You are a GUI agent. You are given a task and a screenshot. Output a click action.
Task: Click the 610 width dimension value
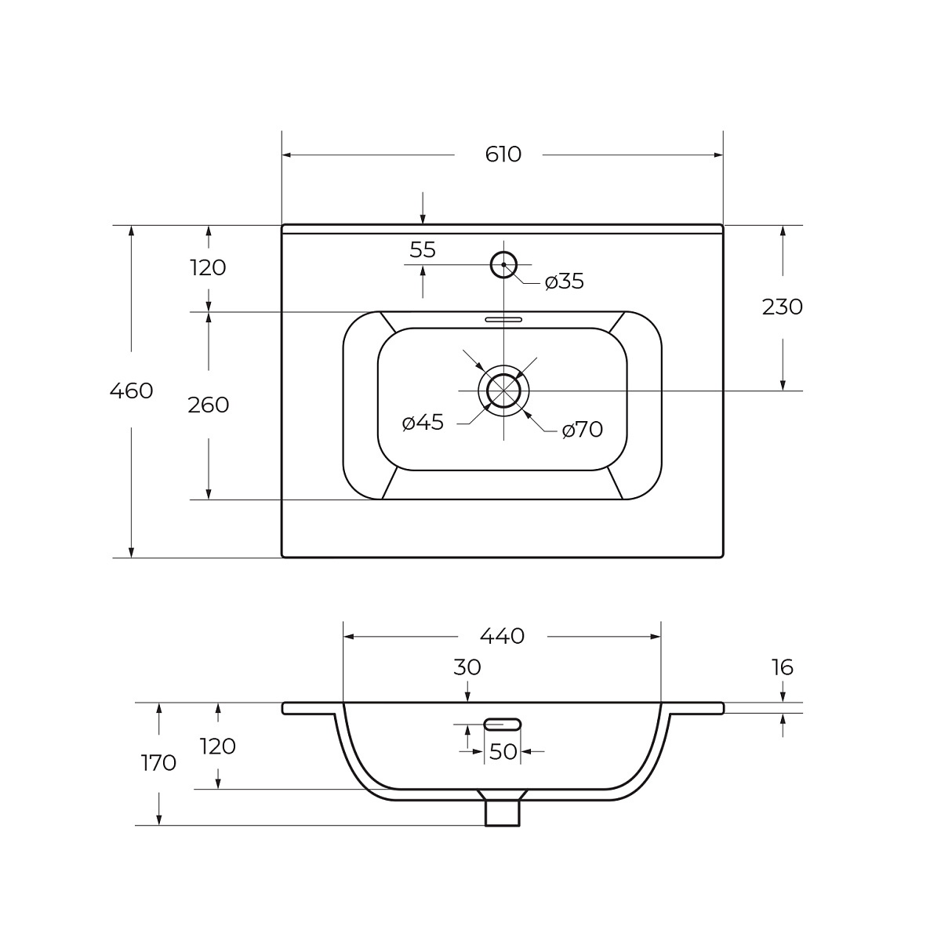point(503,154)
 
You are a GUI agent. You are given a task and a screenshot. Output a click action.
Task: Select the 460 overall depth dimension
point(132,391)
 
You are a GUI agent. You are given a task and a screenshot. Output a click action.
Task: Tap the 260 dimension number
point(209,405)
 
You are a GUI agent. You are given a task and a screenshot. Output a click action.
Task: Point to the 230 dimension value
point(783,307)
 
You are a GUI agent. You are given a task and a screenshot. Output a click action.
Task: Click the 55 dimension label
point(423,250)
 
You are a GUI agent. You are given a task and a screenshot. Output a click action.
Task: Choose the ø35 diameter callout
point(565,282)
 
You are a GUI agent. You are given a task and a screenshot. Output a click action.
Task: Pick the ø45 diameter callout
point(423,423)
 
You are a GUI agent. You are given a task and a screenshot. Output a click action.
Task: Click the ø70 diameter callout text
point(583,430)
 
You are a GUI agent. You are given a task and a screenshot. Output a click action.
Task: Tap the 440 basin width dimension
point(502,636)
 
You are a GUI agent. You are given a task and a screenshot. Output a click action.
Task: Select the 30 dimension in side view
point(467,667)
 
